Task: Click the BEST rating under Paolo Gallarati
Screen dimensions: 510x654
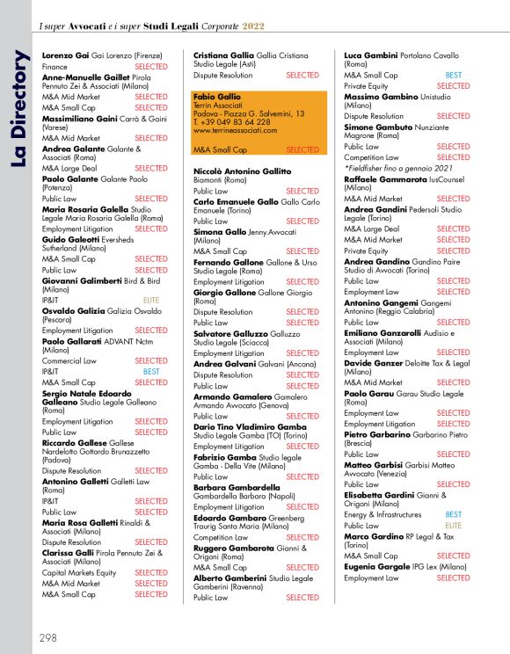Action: click(x=150, y=372)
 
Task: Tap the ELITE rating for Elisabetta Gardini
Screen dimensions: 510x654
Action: click(x=454, y=525)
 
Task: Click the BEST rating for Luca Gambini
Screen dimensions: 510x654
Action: click(x=454, y=76)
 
